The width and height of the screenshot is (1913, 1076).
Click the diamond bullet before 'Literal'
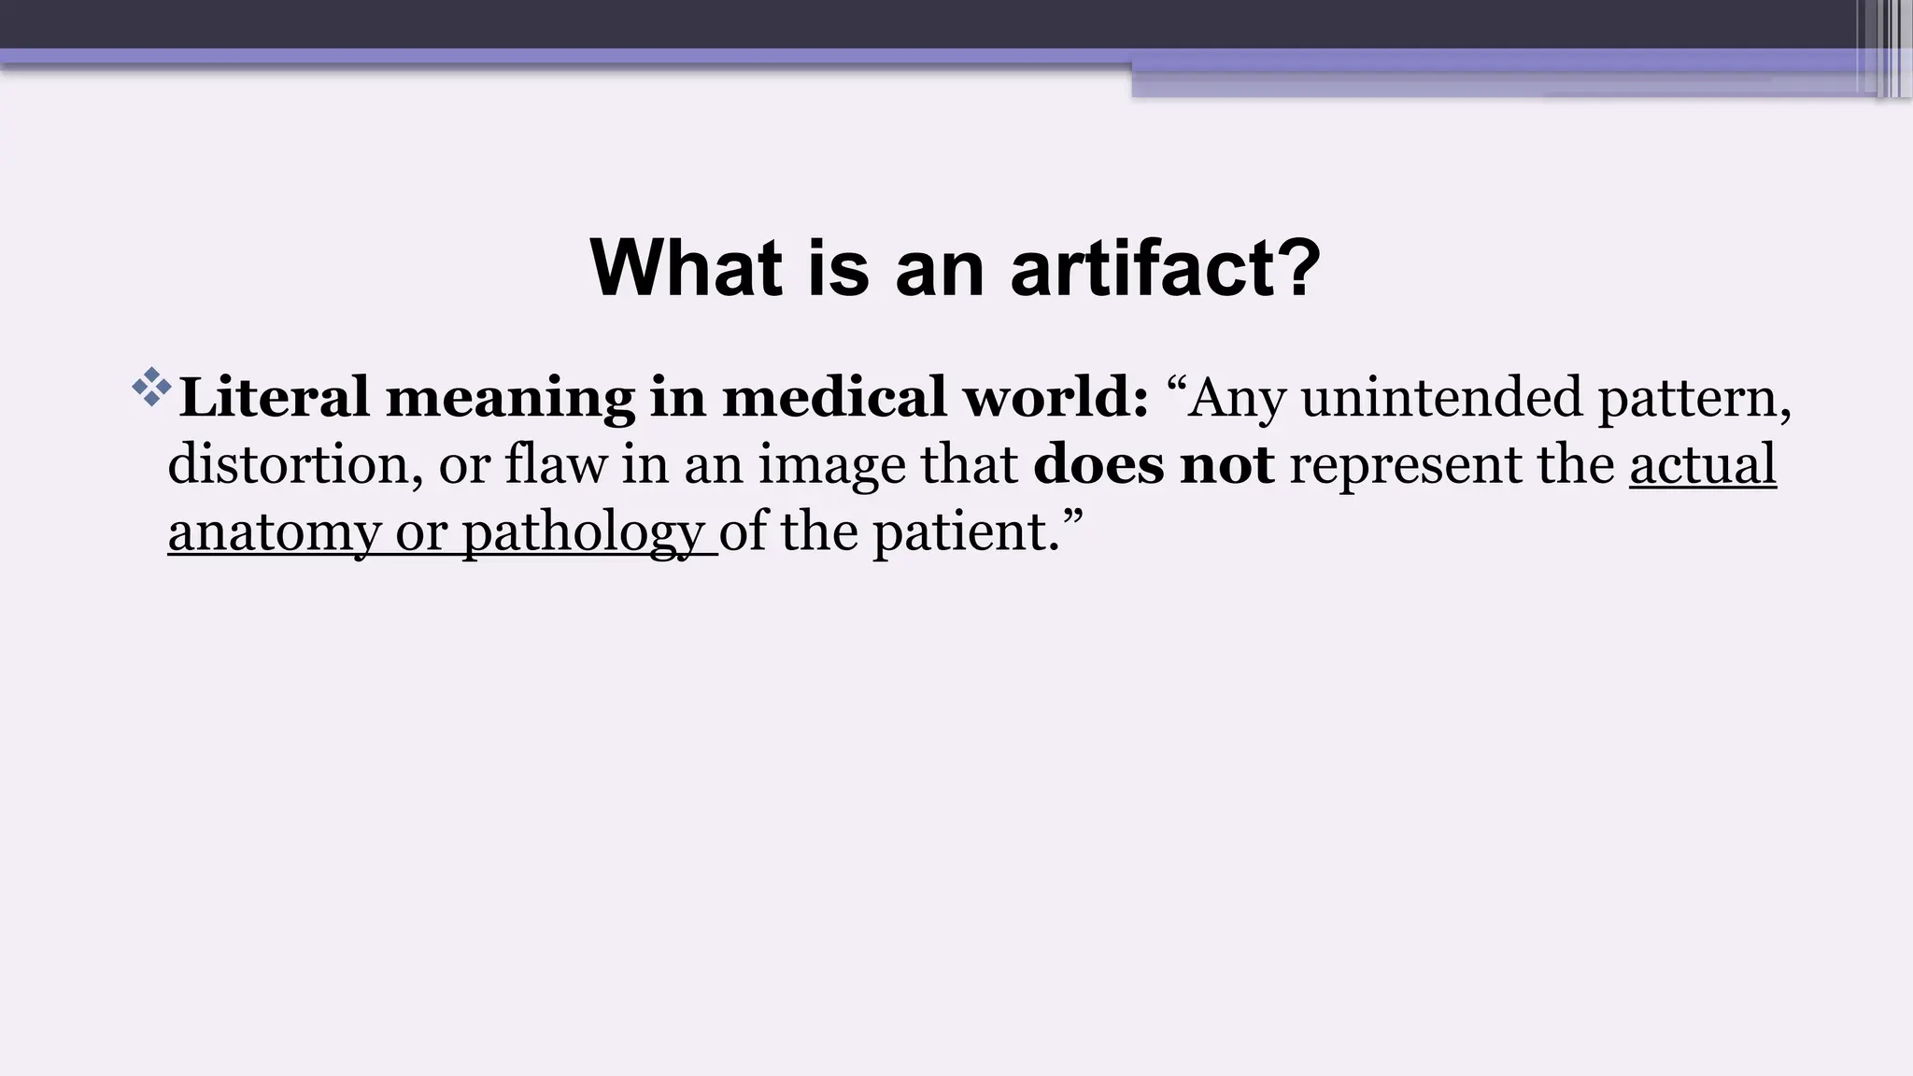pyautogui.click(x=151, y=388)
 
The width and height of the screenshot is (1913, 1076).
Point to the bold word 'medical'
pyautogui.click(x=834, y=397)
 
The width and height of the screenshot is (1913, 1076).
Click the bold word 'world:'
pyautogui.click(x=1056, y=397)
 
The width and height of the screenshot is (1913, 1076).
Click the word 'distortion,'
pyautogui.click(x=289, y=464)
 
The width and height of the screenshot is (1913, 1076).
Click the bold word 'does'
pyautogui.click(x=1098, y=464)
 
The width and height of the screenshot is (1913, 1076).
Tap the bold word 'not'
pyautogui.click(x=1226, y=464)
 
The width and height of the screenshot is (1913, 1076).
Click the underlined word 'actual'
pyautogui.click(x=1702, y=464)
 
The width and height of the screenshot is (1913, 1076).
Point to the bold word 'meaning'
pyautogui.click(x=510, y=399)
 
